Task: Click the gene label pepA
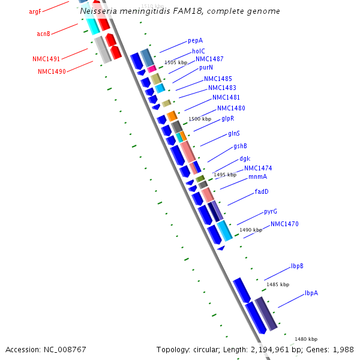(195, 41)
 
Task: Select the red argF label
(35, 12)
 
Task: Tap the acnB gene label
(43, 34)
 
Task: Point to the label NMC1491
(46, 59)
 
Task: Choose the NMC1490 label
(52, 72)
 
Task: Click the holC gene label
(199, 52)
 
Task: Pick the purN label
(206, 68)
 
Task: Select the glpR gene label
(227, 119)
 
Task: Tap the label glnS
(234, 133)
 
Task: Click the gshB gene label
(240, 146)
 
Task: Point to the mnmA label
(258, 177)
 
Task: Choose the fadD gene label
(262, 192)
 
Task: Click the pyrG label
(271, 212)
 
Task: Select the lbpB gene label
(297, 266)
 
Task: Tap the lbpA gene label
(311, 293)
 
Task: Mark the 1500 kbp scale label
(200, 119)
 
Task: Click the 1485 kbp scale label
(278, 284)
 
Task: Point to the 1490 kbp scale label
(251, 230)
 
